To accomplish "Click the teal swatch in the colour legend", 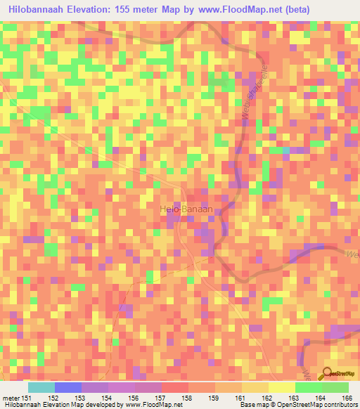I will (x=41, y=387).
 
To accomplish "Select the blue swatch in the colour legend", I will (x=67, y=387).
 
